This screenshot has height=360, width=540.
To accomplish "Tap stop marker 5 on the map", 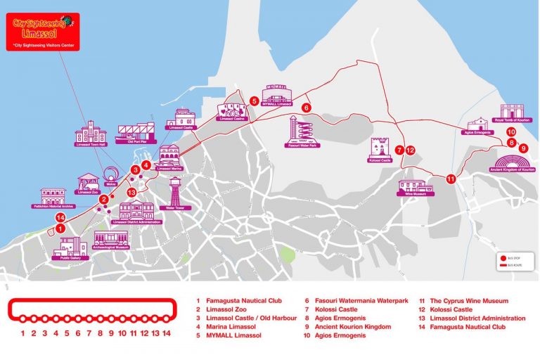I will [x=254, y=101].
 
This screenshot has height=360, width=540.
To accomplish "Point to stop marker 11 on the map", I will [x=451, y=179].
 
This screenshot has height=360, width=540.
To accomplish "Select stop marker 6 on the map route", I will [x=306, y=108].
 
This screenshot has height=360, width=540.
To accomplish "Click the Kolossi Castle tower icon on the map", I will [x=380, y=147].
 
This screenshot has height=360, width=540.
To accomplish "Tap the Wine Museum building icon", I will [x=416, y=184].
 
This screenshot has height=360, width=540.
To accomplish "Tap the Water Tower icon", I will [x=174, y=191].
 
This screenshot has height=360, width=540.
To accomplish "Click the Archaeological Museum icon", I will [x=110, y=238].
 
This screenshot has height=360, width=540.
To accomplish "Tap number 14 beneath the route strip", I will [x=167, y=334].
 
